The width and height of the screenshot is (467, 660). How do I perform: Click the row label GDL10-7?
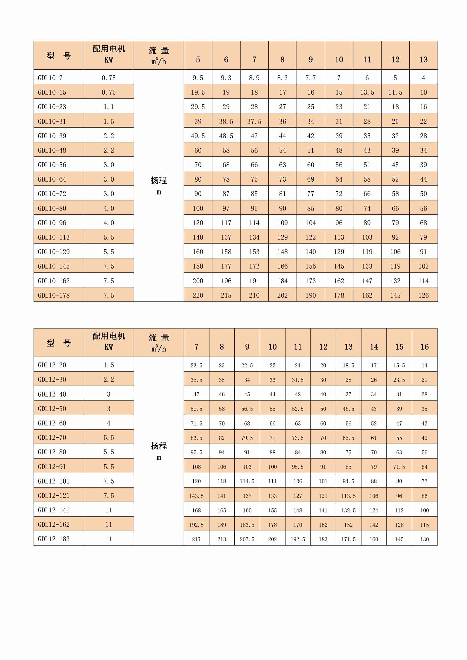(x=50, y=78)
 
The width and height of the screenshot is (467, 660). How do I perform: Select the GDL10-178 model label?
(x=53, y=295)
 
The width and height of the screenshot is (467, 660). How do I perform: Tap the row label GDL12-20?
(x=52, y=365)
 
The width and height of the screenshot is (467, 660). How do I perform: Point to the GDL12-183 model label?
(x=53, y=539)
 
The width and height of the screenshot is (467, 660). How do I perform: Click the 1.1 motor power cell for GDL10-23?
(x=109, y=107)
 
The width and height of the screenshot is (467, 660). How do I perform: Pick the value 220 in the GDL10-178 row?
(x=198, y=295)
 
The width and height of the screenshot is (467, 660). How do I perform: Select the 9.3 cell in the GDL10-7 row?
(x=226, y=78)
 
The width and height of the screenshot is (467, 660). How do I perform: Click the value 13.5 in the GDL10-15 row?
(x=367, y=92)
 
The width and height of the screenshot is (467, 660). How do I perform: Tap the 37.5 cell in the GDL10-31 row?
(x=254, y=121)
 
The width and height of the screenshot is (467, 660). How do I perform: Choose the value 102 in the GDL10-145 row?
(x=423, y=266)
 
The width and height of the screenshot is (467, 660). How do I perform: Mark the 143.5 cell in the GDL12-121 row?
(x=196, y=496)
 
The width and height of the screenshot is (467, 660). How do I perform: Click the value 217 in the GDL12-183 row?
(x=196, y=539)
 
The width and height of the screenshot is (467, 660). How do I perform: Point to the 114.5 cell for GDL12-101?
(x=247, y=481)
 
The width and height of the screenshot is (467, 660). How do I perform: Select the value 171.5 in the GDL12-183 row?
(x=349, y=539)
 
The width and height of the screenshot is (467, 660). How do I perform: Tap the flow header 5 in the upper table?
(x=198, y=60)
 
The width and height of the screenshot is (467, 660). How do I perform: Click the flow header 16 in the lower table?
(x=424, y=347)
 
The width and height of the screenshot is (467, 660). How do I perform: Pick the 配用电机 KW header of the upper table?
(x=109, y=54)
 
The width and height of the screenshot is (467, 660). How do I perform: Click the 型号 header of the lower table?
(x=59, y=343)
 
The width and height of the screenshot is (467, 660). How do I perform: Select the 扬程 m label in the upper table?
(x=159, y=186)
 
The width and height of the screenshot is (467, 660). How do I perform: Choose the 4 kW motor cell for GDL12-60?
(x=109, y=423)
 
